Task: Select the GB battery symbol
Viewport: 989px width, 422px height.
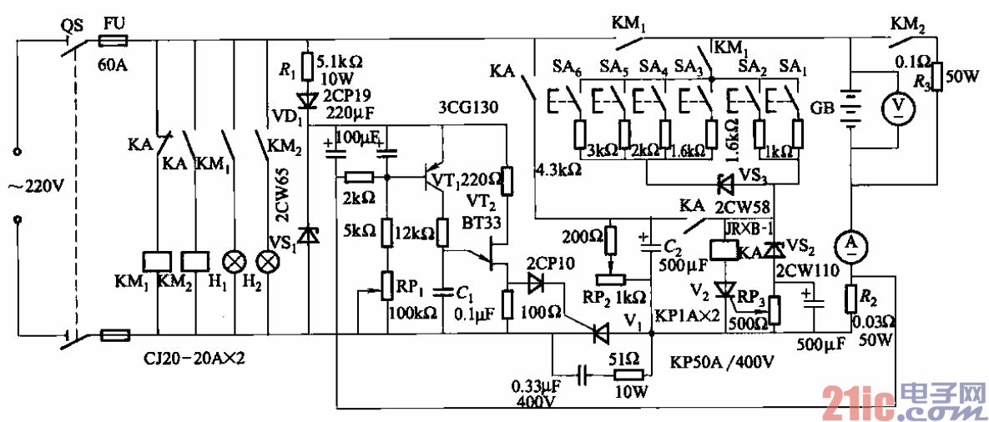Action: [850, 108]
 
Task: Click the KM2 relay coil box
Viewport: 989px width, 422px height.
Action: [194, 261]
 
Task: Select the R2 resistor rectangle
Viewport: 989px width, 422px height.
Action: [851, 298]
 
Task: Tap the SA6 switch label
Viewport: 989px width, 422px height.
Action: [568, 64]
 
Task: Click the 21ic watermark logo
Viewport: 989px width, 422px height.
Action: [901, 403]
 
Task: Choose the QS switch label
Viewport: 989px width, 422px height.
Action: [73, 25]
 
